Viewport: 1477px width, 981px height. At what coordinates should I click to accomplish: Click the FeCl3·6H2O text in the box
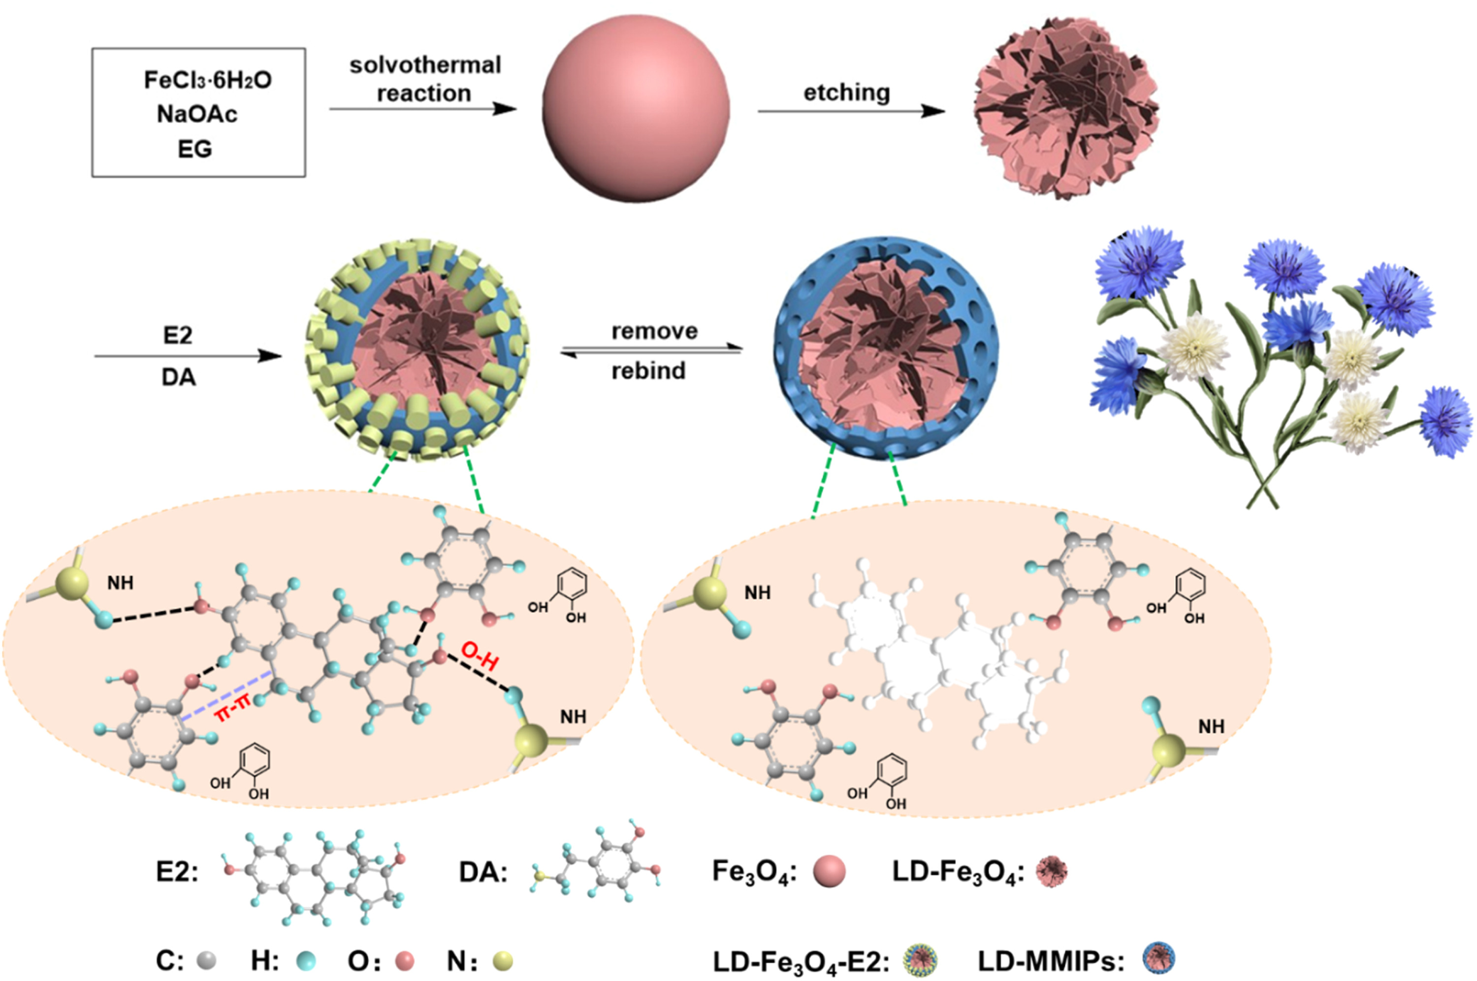click(x=208, y=81)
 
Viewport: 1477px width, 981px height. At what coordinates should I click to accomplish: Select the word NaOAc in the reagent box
click(x=197, y=114)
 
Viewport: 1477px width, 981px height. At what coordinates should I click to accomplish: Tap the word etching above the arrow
click(x=847, y=93)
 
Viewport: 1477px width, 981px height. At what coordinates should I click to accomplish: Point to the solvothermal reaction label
click(x=425, y=79)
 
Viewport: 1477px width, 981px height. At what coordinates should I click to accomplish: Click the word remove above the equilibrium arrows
click(x=654, y=331)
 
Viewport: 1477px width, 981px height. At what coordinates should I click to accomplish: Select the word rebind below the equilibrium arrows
click(x=648, y=371)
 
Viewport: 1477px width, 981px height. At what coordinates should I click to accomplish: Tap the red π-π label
click(x=232, y=711)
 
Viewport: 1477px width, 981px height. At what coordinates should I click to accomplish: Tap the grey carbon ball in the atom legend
click(x=206, y=960)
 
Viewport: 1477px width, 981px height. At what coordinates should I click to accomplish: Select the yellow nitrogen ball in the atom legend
click(x=502, y=960)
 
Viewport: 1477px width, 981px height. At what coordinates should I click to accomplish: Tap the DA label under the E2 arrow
click(x=178, y=378)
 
